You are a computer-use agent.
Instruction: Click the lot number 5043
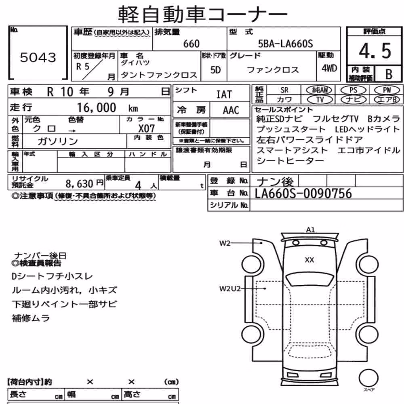38,57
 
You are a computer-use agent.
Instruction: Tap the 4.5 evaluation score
375,51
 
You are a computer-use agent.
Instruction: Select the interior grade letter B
389,74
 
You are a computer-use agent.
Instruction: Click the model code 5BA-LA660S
286,44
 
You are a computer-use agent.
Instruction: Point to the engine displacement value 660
191,44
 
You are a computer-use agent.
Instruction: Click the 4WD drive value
329,68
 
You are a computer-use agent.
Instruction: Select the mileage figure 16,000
97,107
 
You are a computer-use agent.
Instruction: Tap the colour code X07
146,128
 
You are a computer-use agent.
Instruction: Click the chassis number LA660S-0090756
303,194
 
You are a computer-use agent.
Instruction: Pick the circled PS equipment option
353,90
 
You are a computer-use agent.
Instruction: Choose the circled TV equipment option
320,99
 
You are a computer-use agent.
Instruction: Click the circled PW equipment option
387,90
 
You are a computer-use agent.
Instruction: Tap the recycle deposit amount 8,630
79,184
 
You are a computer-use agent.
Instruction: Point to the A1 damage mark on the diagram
310,229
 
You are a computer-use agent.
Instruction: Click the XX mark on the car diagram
309,260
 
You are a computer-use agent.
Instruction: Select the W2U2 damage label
230,288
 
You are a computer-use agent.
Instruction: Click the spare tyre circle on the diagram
369,378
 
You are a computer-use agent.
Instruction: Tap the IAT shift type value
224,95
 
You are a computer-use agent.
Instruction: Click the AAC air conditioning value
231,110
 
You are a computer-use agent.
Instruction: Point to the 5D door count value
216,70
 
